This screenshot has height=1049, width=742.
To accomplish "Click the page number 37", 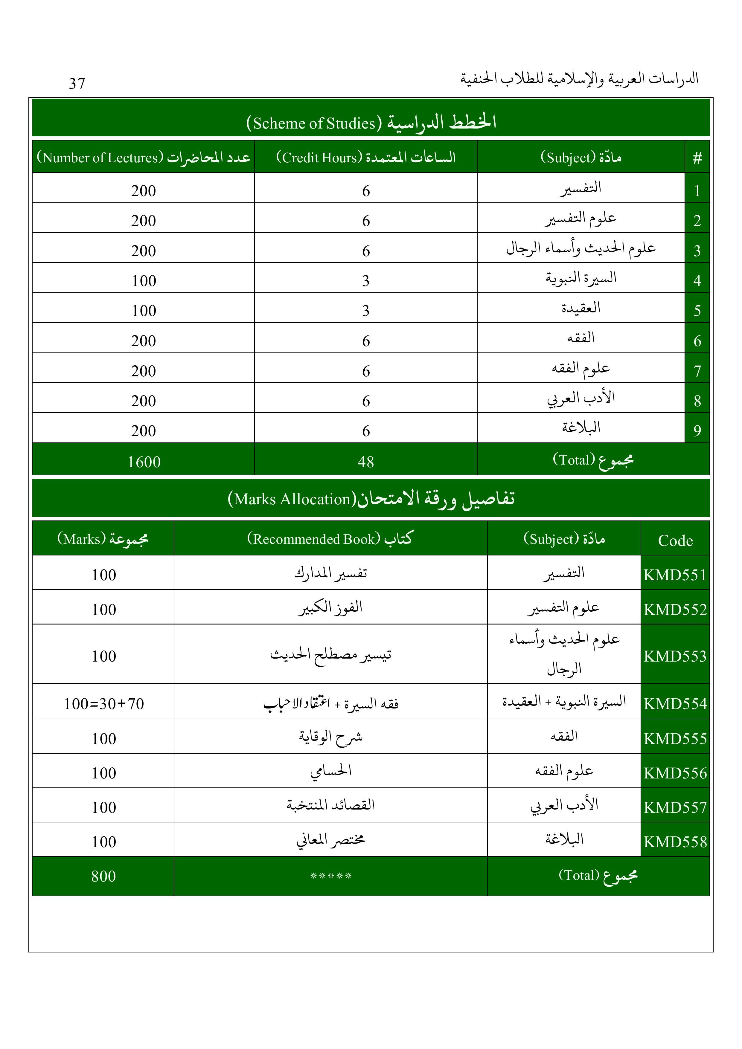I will [77, 84].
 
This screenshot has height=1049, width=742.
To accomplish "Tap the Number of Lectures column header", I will [143, 158].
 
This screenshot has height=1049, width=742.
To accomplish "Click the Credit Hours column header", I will [366, 158].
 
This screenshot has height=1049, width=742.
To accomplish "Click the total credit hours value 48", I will [366, 462].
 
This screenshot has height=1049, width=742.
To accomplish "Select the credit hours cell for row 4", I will [366, 280].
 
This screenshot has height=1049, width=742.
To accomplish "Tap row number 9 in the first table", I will [697, 430].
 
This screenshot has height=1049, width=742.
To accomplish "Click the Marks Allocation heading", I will [371, 498].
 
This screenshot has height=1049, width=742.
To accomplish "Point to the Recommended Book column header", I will [330, 539].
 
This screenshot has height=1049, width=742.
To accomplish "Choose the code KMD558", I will [675, 842].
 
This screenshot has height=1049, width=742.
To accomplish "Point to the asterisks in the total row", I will [330, 876].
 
